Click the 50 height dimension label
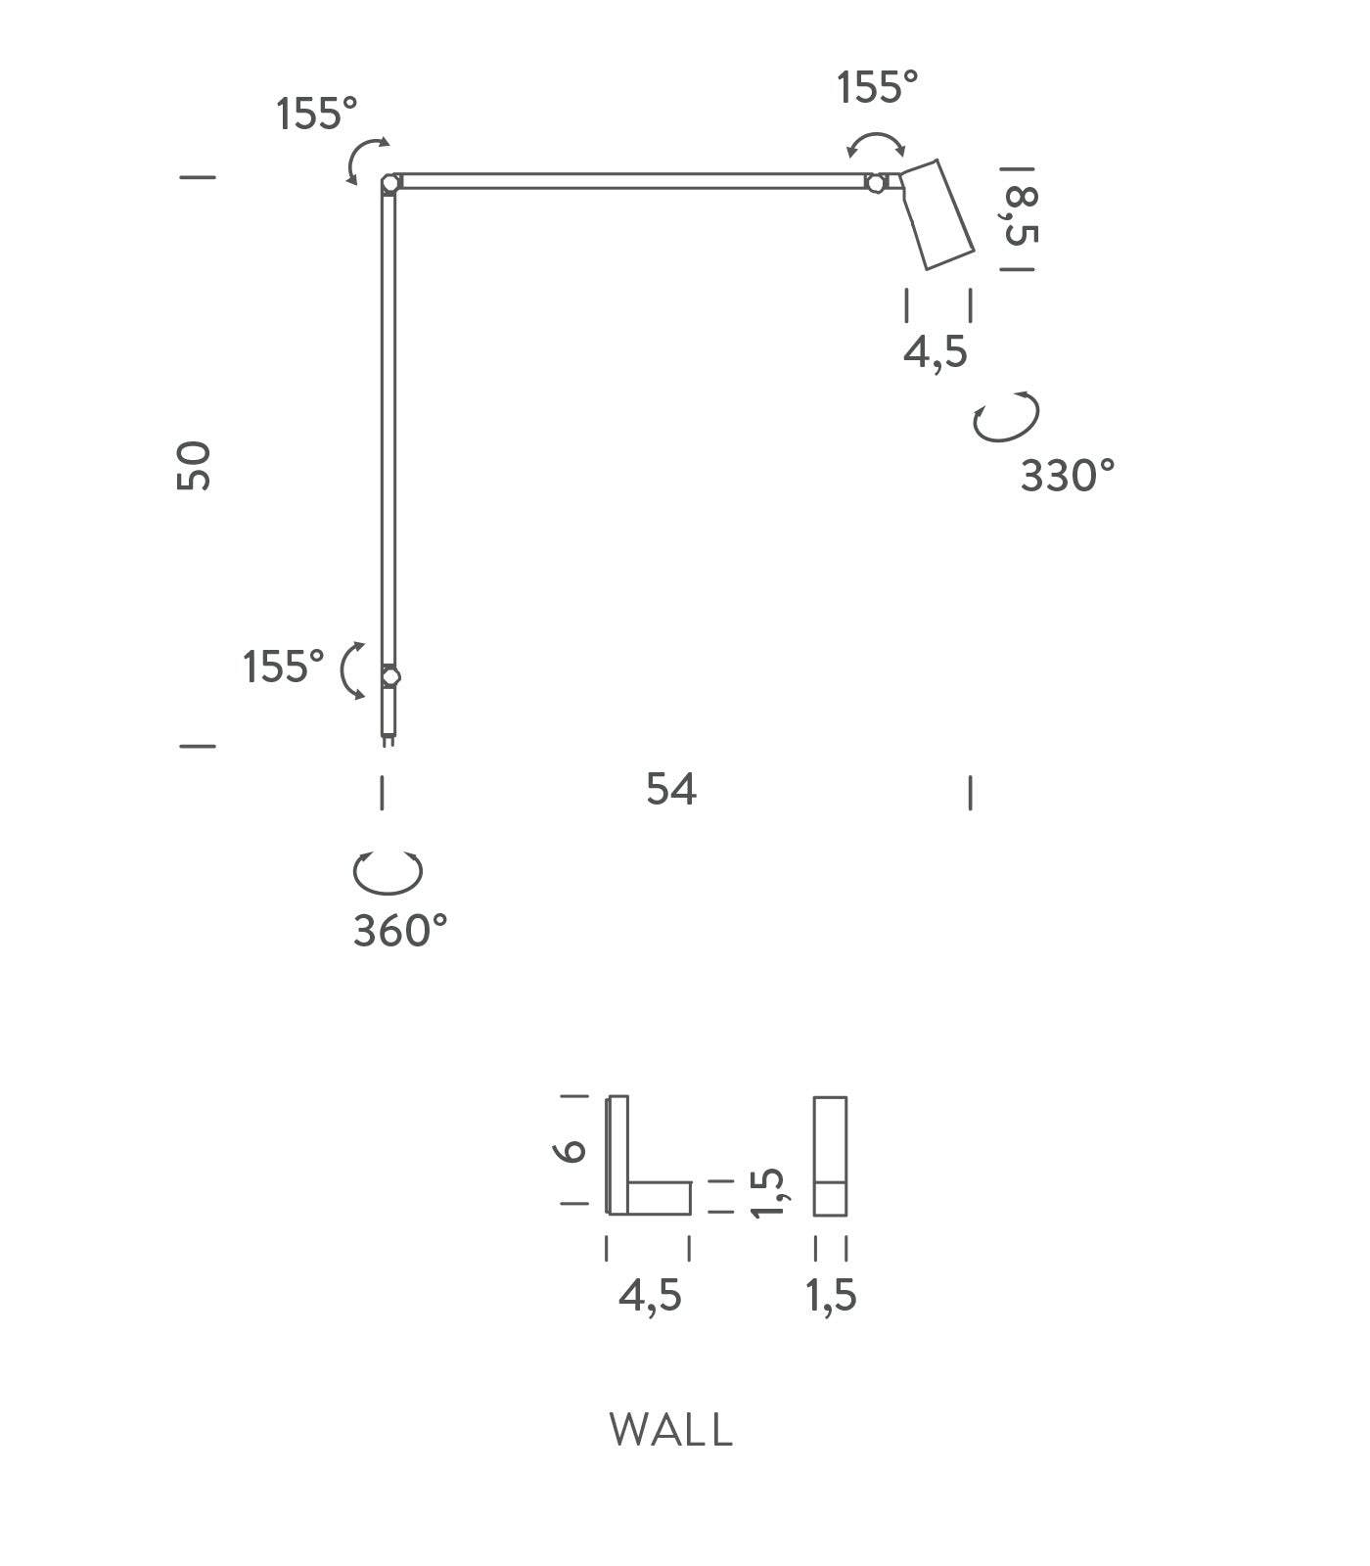tap(194, 465)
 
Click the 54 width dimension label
tap(671, 789)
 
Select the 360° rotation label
tap(400, 931)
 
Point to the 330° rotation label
tap(1068, 477)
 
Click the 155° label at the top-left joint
tap(317, 115)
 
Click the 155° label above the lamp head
tap(878, 88)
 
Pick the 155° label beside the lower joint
tap(284, 668)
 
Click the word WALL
tap(670, 1430)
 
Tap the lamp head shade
tap(937, 214)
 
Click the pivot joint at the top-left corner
tap(390, 183)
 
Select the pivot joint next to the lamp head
tap(876, 183)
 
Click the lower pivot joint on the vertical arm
tap(390, 676)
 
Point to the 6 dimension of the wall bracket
tap(573, 1150)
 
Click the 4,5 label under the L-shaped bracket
tap(650, 1296)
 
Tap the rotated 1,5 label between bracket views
tap(768, 1192)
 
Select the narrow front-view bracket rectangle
tap(830, 1156)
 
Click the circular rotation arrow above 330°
tap(1006, 418)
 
